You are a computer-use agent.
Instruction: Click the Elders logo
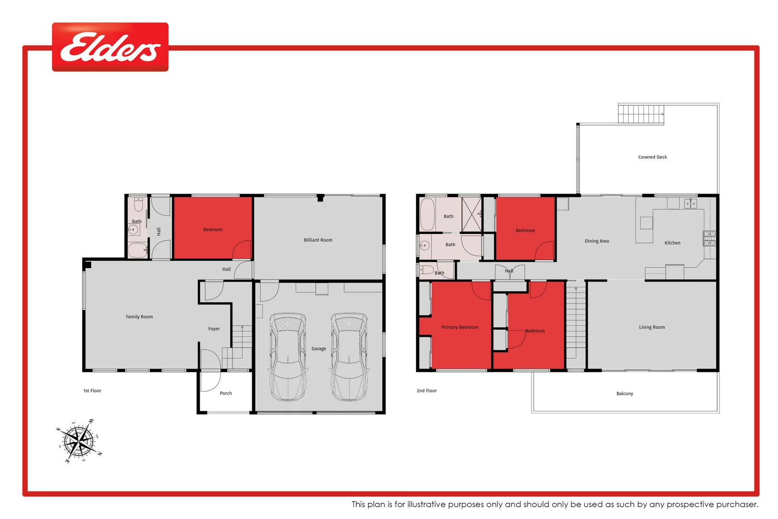(x=110, y=47)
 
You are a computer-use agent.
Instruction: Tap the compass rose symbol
(x=80, y=441)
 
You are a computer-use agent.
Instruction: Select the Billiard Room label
(x=318, y=240)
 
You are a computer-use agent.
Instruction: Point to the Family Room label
(x=139, y=317)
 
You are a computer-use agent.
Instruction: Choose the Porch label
(x=226, y=393)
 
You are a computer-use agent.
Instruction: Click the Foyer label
(x=214, y=329)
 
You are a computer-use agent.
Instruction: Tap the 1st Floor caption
(x=92, y=391)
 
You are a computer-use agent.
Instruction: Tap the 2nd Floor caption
(x=426, y=391)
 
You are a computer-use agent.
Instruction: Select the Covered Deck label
(x=652, y=157)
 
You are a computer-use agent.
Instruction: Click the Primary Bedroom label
(x=460, y=327)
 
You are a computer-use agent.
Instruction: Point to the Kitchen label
(x=672, y=243)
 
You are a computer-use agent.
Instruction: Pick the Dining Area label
(x=596, y=241)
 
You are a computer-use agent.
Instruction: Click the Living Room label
(x=652, y=327)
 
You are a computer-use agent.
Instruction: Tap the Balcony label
(x=625, y=394)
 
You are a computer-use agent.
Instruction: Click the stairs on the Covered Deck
(x=641, y=114)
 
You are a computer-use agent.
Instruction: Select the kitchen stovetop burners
(x=709, y=238)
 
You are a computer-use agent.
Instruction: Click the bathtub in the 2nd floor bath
(x=427, y=214)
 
